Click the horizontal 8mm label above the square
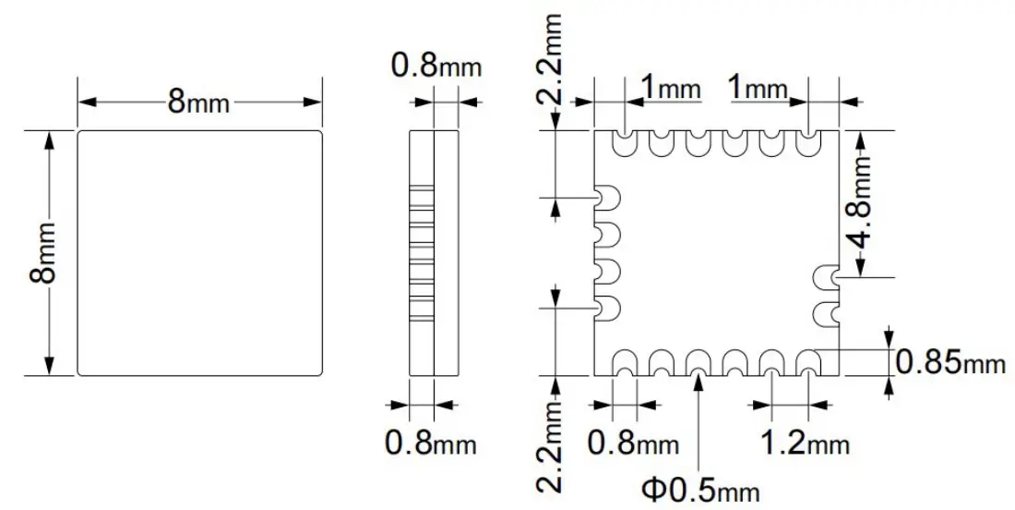198,102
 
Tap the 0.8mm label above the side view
436,66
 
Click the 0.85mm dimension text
949,362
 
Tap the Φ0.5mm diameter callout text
701,487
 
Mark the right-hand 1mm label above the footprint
758,89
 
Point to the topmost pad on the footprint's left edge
608,197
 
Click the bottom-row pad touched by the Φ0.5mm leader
698,362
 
